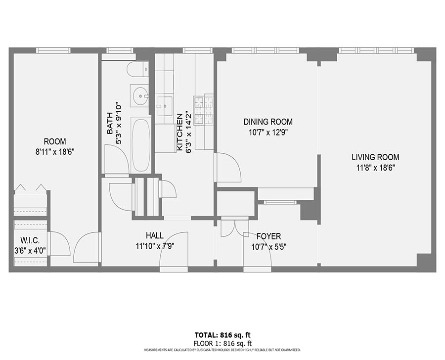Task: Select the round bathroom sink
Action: [140, 95]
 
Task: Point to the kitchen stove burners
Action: [204, 110]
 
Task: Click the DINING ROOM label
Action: [267, 122]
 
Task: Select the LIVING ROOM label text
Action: [375, 157]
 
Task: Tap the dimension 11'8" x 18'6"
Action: [375, 167]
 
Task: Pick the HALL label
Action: [154, 236]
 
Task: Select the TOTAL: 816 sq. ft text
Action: [222, 334]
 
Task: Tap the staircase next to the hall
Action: [147, 197]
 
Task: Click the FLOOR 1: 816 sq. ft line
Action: [222, 343]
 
